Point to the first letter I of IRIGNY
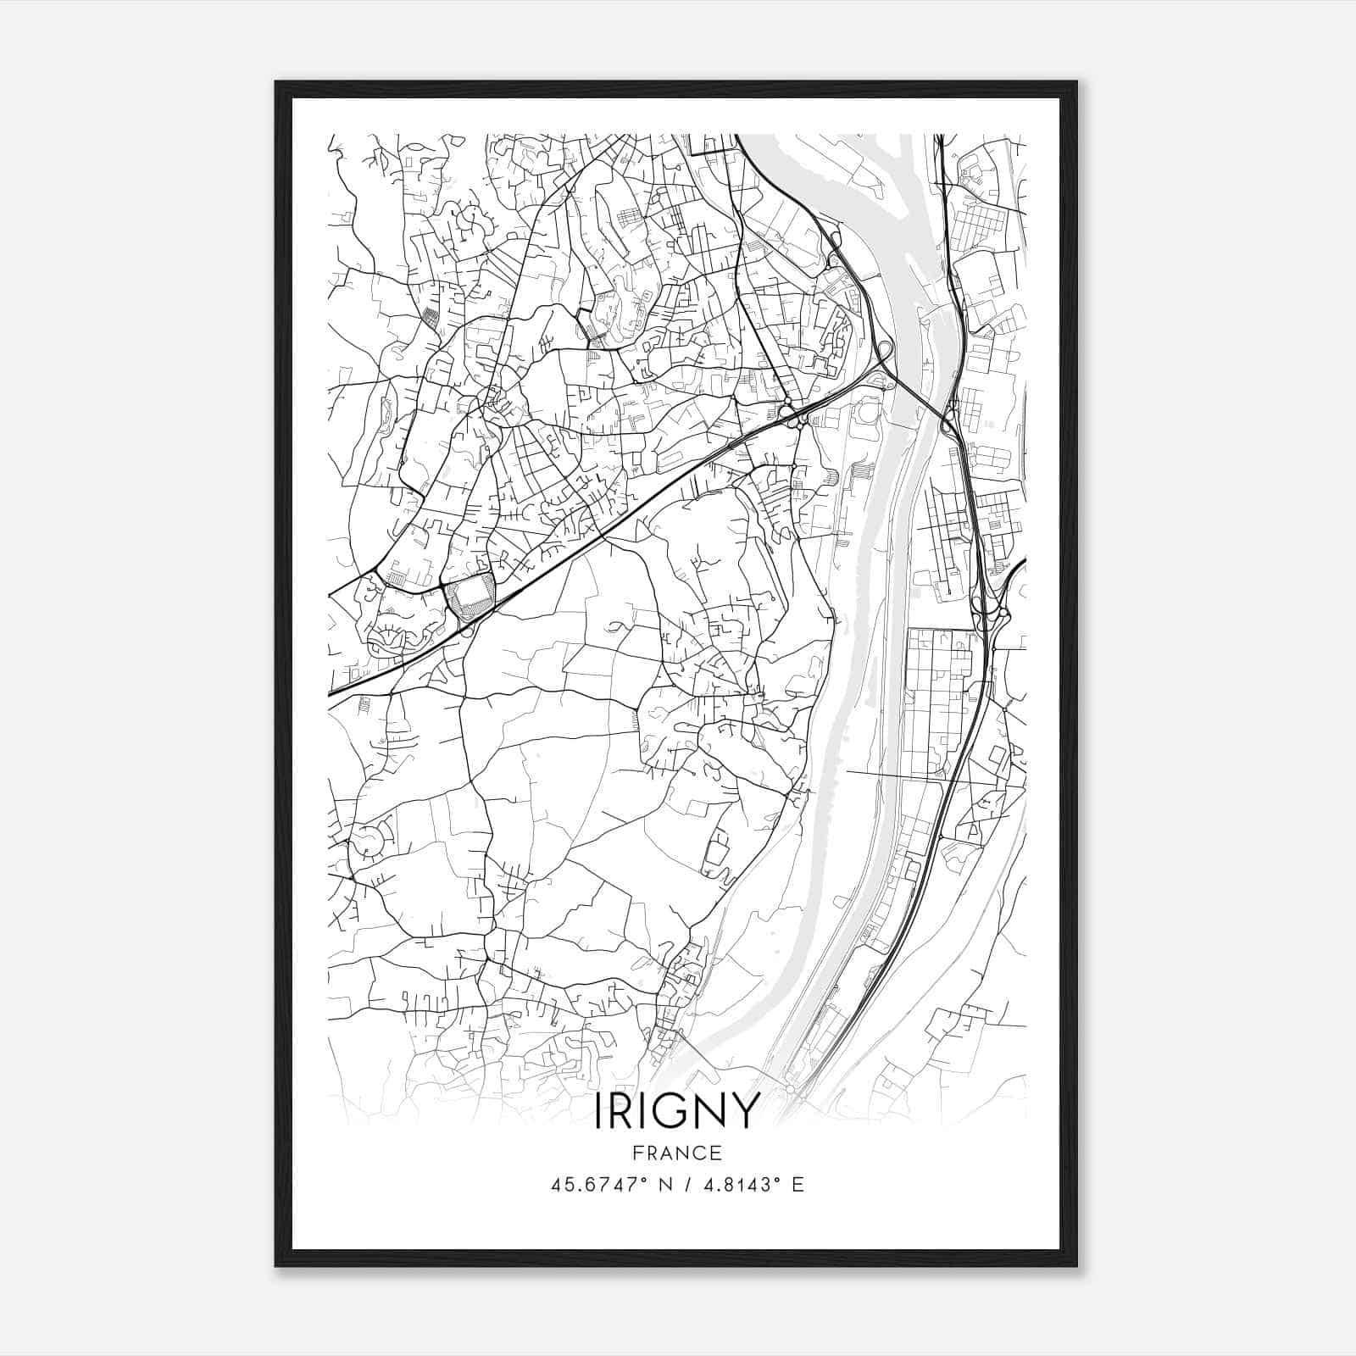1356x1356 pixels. [599, 1111]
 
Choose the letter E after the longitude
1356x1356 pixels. [797, 1185]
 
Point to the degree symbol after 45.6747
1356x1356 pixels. [643, 1180]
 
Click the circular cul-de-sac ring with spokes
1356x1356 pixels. [369, 842]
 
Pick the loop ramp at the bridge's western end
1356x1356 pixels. [883, 349]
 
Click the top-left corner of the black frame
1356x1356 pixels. [276, 82]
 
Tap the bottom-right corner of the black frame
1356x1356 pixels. [1076, 1266]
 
